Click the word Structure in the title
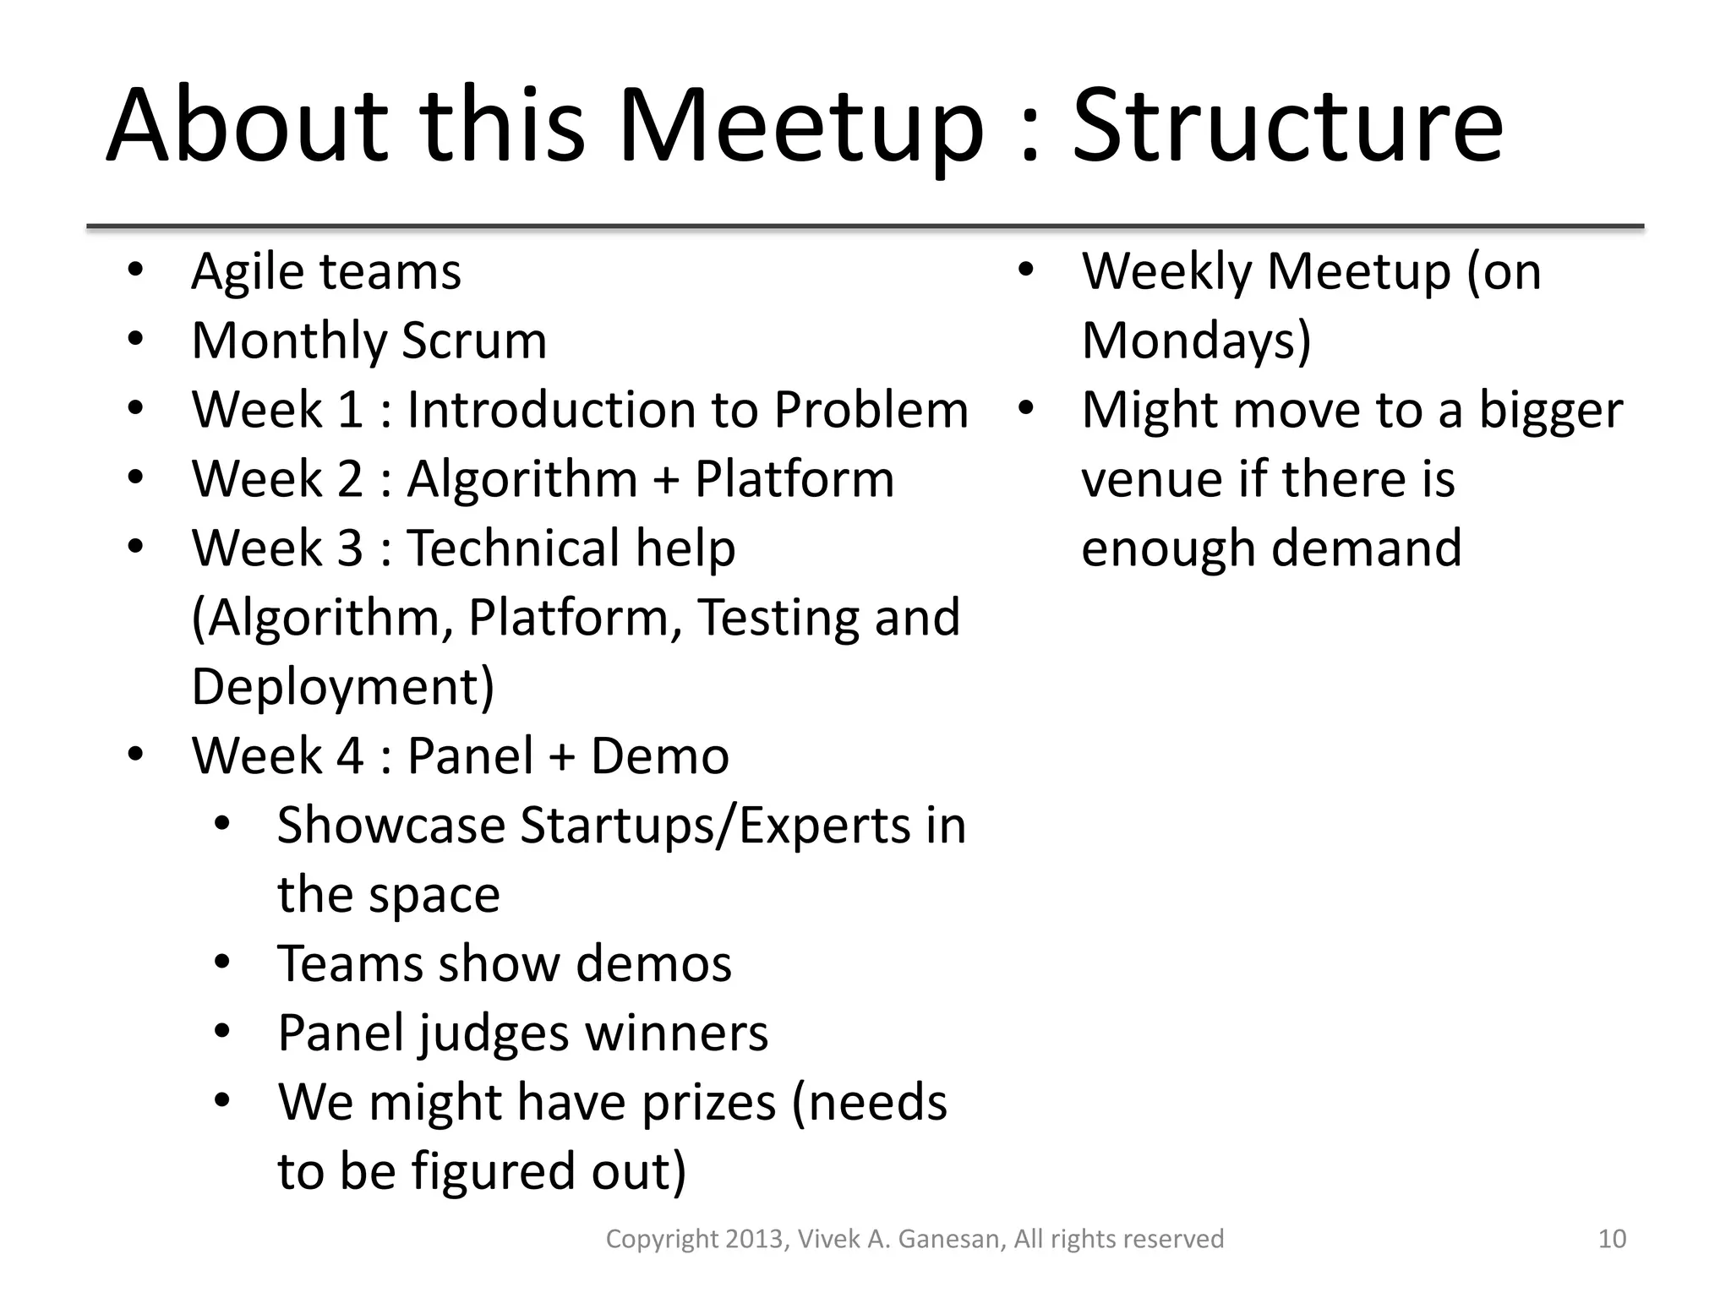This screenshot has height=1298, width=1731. coord(1287,127)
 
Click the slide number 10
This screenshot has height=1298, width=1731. coord(1612,1239)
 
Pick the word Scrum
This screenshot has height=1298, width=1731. coord(473,341)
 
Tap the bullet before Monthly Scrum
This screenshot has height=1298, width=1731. coord(135,340)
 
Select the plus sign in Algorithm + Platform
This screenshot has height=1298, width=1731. coord(666,480)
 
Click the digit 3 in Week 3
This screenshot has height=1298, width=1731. coord(350,548)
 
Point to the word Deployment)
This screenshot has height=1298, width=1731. coord(342,687)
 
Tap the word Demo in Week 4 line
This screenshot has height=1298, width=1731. coord(659,756)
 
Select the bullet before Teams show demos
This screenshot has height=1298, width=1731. coord(222,963)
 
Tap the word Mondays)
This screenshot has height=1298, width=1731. coord(1196,341)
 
